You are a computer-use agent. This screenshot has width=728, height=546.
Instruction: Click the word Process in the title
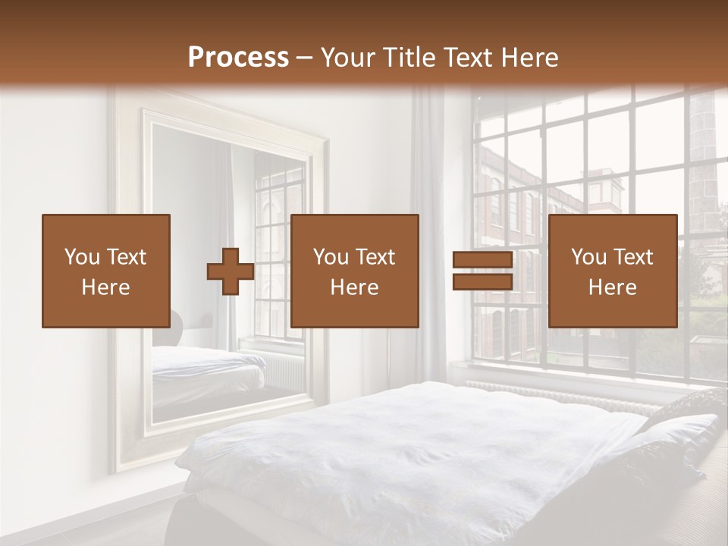238,58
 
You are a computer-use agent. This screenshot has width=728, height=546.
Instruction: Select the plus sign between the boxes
231,271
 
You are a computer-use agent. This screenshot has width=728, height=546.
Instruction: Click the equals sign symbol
482,271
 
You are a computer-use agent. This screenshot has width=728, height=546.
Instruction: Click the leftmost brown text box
105,271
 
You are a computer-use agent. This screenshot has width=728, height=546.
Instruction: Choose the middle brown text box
354,271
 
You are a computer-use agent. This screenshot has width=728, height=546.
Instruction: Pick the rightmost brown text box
612,271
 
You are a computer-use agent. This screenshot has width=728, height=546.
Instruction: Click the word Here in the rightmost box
612,287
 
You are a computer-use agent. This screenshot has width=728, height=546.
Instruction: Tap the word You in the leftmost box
81,257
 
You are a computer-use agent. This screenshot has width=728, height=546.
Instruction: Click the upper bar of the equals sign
482,261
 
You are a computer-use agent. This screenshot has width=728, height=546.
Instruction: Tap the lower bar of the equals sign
482,282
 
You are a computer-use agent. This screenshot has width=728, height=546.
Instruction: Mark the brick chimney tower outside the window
704,152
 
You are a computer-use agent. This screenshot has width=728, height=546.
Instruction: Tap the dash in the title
305,58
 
